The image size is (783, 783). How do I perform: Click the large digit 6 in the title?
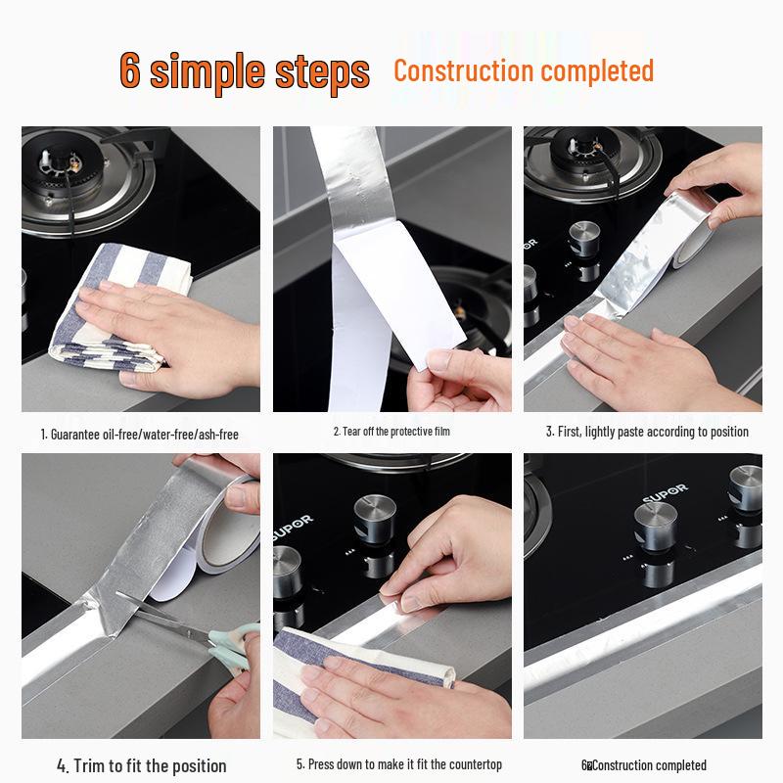[130, 69]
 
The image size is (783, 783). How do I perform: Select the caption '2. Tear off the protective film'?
[391, 432]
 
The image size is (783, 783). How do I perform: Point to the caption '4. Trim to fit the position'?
[141, 765]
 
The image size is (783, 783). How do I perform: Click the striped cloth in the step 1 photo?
[119, 309]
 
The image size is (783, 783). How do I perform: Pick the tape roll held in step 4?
[227, 525]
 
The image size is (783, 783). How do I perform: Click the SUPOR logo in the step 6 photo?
[666, 493]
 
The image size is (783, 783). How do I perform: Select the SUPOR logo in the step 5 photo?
[293, 528]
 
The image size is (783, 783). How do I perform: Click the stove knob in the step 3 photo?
[584, 240]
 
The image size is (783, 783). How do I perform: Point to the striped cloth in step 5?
[349, 669]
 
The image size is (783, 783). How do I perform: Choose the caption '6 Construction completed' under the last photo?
[644, 765]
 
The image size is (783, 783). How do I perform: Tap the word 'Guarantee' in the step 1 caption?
[75, 435]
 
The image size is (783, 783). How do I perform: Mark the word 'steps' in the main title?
[323, 73]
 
